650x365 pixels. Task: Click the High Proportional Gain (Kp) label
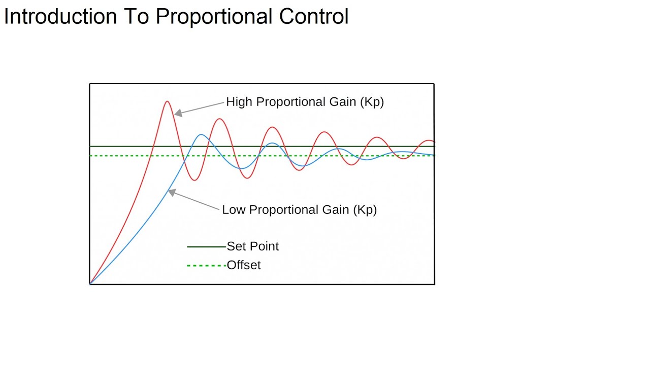tap(305, 102)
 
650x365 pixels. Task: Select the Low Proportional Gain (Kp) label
tap(299, 210)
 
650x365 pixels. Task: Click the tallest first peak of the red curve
tap(167, 101)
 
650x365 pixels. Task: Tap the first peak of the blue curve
tap(202, 135)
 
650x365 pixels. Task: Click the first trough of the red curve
tap(194, 180)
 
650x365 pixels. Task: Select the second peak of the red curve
tap(219, 119)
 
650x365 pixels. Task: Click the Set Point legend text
tap(252, 246)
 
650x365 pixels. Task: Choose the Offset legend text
tap(243, 265)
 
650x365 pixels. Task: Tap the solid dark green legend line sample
tap(206, 247)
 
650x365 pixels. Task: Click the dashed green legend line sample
tap(206, 266)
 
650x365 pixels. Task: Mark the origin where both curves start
tap(90, 283)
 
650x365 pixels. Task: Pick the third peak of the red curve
tap(273, 127)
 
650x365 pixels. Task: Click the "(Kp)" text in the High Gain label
tap(372, 102)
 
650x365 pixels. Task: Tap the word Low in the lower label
tap(234, 210)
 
